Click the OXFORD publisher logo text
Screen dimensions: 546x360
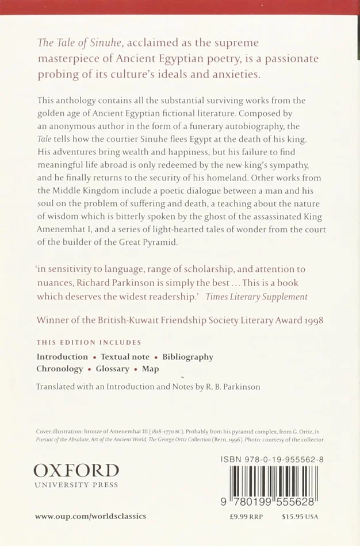[76, 471]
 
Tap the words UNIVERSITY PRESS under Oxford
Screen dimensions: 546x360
[76, 485]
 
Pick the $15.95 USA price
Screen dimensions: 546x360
[300, 516]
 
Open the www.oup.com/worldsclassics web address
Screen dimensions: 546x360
[90, 516]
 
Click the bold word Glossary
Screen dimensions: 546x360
[112, 369]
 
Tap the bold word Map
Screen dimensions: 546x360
[151, 369]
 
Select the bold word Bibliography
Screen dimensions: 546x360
[187, 357]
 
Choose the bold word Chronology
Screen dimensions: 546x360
[60, 369]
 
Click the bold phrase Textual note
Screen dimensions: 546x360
[125, 357]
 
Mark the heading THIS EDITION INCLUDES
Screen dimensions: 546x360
[89, 343]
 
